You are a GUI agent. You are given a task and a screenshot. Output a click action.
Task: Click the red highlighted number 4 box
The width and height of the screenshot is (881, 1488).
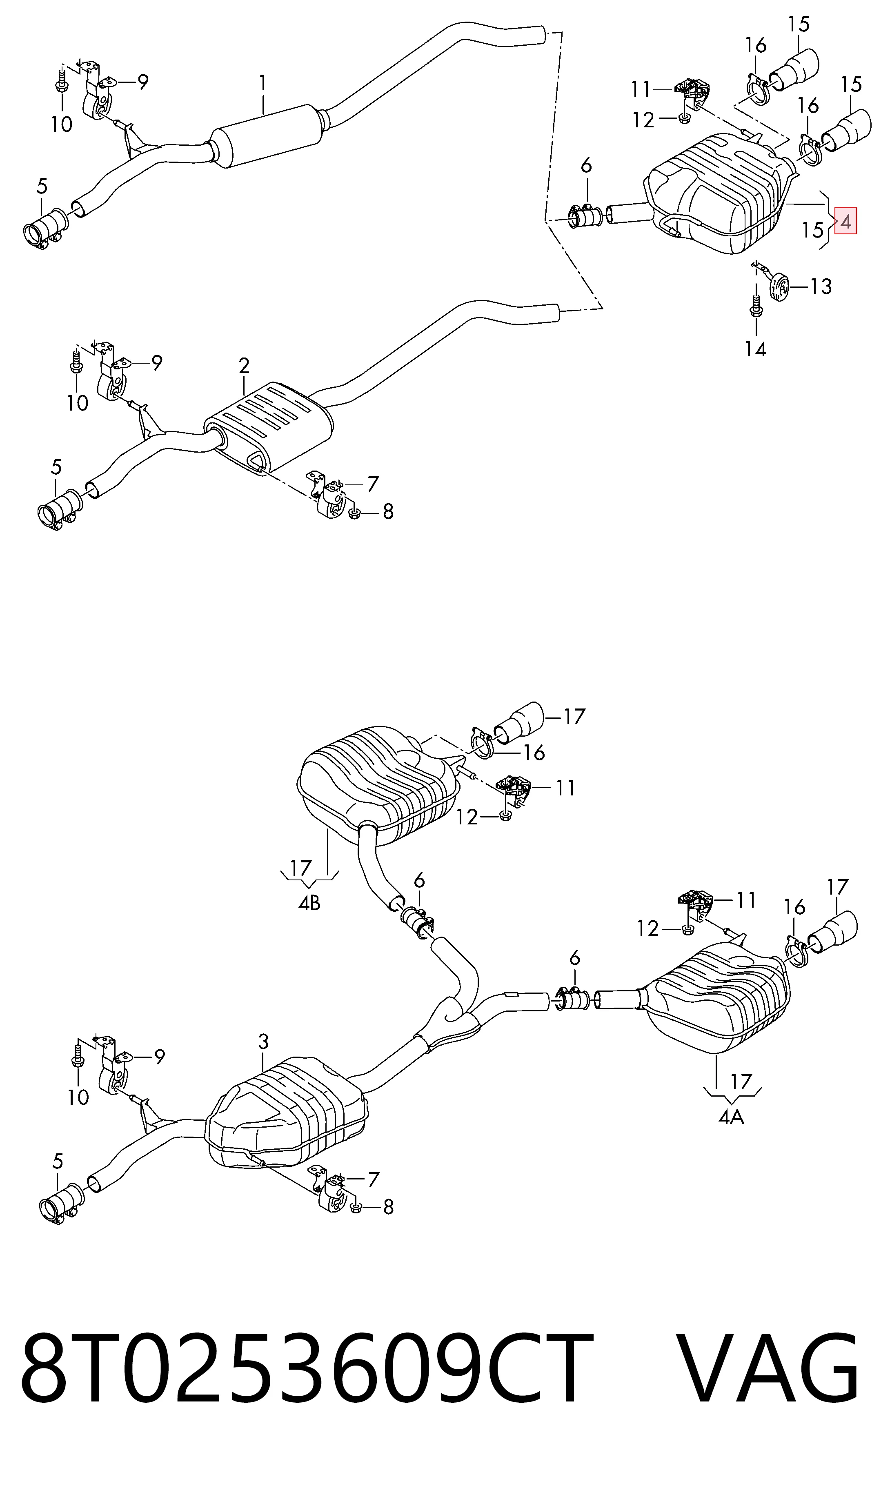pyautogui.click(x=845, y=222)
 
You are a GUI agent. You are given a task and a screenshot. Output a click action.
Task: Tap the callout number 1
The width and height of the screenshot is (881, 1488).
pyautogui.click(x=263, y=84)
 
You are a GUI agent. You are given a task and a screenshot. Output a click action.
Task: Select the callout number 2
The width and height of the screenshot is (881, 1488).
pyautogui.click(x=244, y=366)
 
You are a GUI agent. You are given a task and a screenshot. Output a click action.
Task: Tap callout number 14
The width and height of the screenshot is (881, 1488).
pyautogui.click(x=756, y=349)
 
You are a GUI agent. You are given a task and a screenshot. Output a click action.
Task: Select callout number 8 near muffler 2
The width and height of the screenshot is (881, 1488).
pyautogui.click(x=388, y=511)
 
